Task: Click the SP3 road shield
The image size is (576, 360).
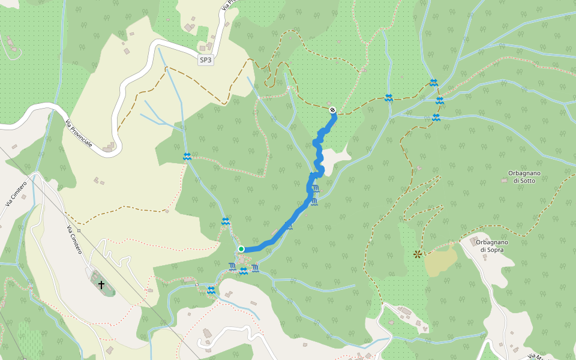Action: click(x=206, y=60)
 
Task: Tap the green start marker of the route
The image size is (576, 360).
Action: click(x=241, y=249)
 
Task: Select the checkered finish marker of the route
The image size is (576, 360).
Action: click(x=332, y=110)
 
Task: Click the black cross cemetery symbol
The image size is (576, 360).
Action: click(x=101, y=284)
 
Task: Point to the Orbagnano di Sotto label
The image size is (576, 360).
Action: click(x=524, y=176)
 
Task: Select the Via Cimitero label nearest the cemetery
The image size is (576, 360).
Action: click(x=74, y=240)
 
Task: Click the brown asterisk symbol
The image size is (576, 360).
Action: click(x=417, y=254)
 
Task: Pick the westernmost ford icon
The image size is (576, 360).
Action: click(x=187, y=157)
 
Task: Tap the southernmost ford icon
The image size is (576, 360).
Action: click(x=211, y=290)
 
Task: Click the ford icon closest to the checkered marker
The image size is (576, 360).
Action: click(x=389, y=98)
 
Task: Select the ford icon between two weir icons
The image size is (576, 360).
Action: click(x=244, y=271)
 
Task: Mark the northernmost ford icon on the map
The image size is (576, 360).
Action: click(x=433, y=83)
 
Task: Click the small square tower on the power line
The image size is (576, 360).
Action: click(x=79, y=230)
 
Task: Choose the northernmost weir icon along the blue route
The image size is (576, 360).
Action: click(x=316, y=189)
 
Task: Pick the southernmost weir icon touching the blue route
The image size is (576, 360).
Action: click(x=289, y=226)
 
